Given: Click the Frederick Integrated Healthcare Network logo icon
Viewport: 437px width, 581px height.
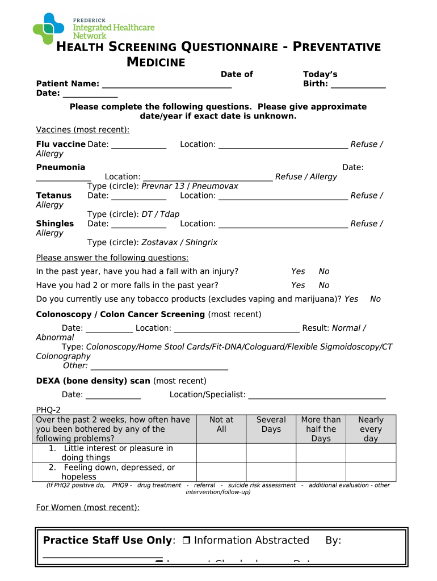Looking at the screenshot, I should (x=49, y=28).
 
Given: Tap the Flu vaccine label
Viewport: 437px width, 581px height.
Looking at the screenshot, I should (x=61, y=144).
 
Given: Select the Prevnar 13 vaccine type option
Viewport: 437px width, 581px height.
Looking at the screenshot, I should (x=163, y=186).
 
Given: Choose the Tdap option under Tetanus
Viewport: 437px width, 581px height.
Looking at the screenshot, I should (x=170, y=214).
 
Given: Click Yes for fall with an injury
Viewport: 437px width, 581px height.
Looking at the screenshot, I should (x=298, y=271).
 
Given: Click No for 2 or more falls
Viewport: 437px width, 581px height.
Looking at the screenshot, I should (x=324, y=285).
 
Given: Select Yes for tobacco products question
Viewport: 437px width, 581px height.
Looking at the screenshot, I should (x=351, y=299).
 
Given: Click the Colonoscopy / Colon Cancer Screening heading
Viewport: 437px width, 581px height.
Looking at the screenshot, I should (x=120, y=314).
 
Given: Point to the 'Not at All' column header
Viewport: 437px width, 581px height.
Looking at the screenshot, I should (x=221, y=424).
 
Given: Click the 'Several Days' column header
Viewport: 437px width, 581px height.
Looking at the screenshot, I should (x=271, y=424).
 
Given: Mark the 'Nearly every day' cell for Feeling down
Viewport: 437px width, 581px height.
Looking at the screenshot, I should (x=371, y=472).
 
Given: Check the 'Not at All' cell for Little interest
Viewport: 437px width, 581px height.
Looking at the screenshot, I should (x=221, y=453).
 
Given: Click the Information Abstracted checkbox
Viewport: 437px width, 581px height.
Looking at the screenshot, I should (x=187, y=541).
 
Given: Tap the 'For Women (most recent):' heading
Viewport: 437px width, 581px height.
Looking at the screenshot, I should (x=88, y=507).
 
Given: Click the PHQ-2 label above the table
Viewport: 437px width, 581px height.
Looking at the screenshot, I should (x=48, y=410).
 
